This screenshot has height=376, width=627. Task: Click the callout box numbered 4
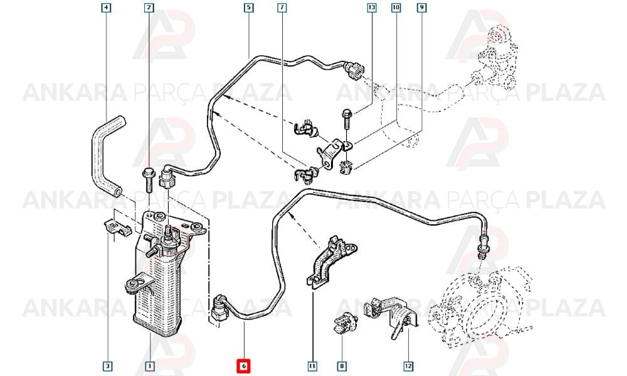tap(106, 8)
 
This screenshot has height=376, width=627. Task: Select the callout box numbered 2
tap(149, 8)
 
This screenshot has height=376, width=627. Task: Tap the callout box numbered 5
tap(249, 8)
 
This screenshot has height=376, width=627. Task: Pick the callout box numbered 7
tap(282, 8)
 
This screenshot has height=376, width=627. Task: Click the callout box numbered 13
tap(372, 8)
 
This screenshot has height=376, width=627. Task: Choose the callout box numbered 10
tap(396, 8)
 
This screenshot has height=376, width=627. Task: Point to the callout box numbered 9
tap(421, 8)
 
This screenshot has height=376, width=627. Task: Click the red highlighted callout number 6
tap(244, 365)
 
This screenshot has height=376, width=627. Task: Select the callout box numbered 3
tap(107, 365)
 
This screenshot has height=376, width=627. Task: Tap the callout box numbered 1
tap(150, 365)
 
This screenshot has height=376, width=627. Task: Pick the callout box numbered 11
tap(312, 365)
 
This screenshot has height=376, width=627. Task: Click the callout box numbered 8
tap(342, 365)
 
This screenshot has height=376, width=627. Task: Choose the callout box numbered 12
tap(408, 365)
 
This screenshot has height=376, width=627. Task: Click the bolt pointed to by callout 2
tap(148, 181)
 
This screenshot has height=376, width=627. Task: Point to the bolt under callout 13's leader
tap(346, 118)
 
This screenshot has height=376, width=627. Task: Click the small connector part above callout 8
tap(345, 323)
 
